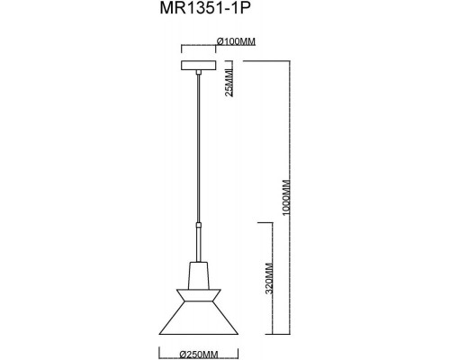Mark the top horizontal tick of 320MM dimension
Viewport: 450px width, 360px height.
pos(267,220)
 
